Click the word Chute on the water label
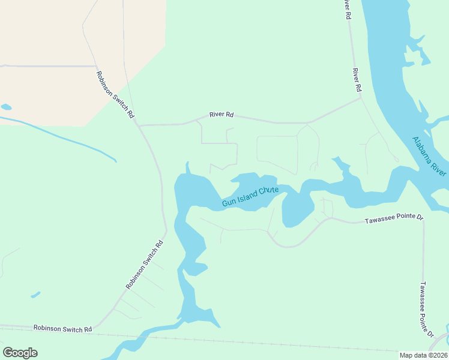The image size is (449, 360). point(268,191)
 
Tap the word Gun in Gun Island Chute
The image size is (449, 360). point(228,202)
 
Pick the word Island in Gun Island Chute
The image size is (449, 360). point(247,197)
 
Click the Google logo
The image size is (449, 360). point(20,353)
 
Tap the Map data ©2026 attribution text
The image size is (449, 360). point(423,355)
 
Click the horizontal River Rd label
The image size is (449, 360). point(221,114)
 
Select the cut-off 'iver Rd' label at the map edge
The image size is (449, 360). point(346,10)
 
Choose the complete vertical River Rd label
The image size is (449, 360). point(357,80)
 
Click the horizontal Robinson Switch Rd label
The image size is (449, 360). point(62,329)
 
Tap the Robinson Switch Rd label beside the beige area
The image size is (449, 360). point(115,94)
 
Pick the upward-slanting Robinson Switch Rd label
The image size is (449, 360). point(144,265)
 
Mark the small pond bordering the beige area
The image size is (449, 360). point(6,107)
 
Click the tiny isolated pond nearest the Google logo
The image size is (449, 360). point(35,295)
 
